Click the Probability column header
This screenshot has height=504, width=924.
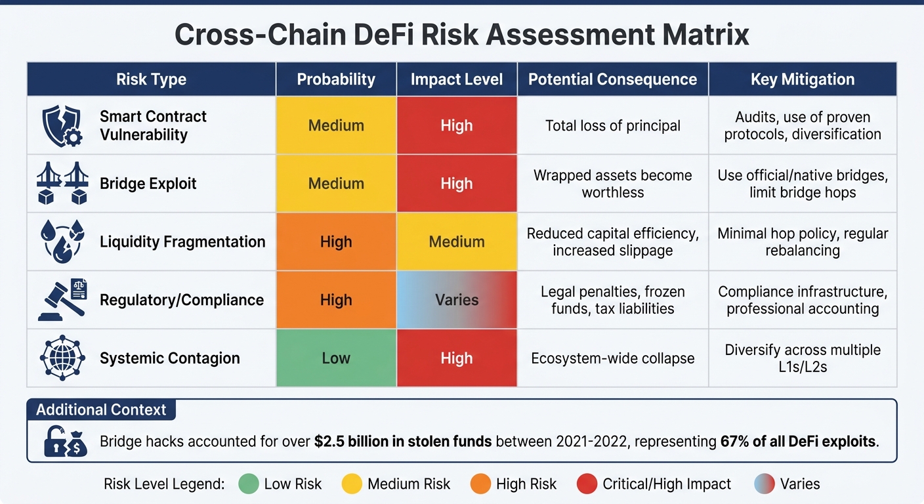coord(336,79)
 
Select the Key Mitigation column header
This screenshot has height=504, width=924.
coord(803,79)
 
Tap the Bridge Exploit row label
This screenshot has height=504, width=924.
coord(148,183)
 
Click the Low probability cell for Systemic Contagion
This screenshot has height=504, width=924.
coord(336,358)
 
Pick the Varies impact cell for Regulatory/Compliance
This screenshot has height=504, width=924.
coord(457,300)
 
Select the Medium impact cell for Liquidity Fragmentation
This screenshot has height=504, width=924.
coord(457,241)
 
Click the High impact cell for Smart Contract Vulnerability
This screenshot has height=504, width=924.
coord(457,125)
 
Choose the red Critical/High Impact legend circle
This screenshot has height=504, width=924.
coord(586,484)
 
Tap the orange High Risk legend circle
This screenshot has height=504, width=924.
coord(480,484)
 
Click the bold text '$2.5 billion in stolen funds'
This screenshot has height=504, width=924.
coord(403,441)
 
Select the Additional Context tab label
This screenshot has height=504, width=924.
coord(101,410)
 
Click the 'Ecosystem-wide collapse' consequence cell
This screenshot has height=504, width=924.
coord(612,358)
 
